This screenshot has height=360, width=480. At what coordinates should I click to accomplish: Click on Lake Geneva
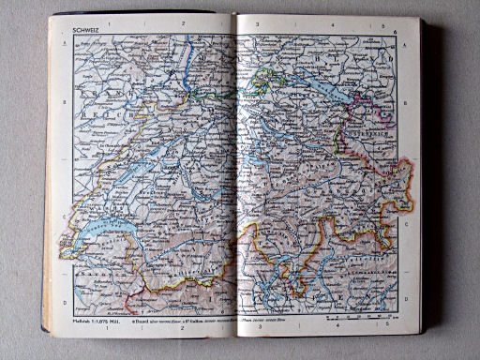[103, 231]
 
